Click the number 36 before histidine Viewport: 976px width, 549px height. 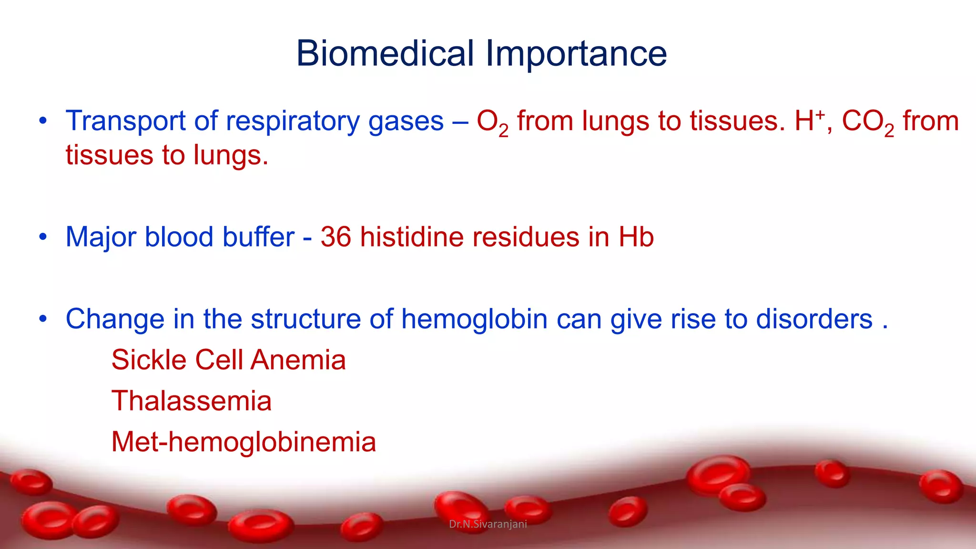pos(335,237)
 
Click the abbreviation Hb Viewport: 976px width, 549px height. pos(636,237)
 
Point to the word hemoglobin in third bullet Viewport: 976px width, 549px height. pos(474,319)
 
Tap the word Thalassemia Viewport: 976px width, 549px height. pos(191,401)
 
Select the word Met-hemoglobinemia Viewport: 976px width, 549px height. pos(244,442)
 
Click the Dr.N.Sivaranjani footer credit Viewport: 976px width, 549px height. pos(488,524)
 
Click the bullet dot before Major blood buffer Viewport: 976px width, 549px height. pos(43,237)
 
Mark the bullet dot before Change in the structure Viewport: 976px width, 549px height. pos(43,319)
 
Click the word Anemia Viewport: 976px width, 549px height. pos(298,360)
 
